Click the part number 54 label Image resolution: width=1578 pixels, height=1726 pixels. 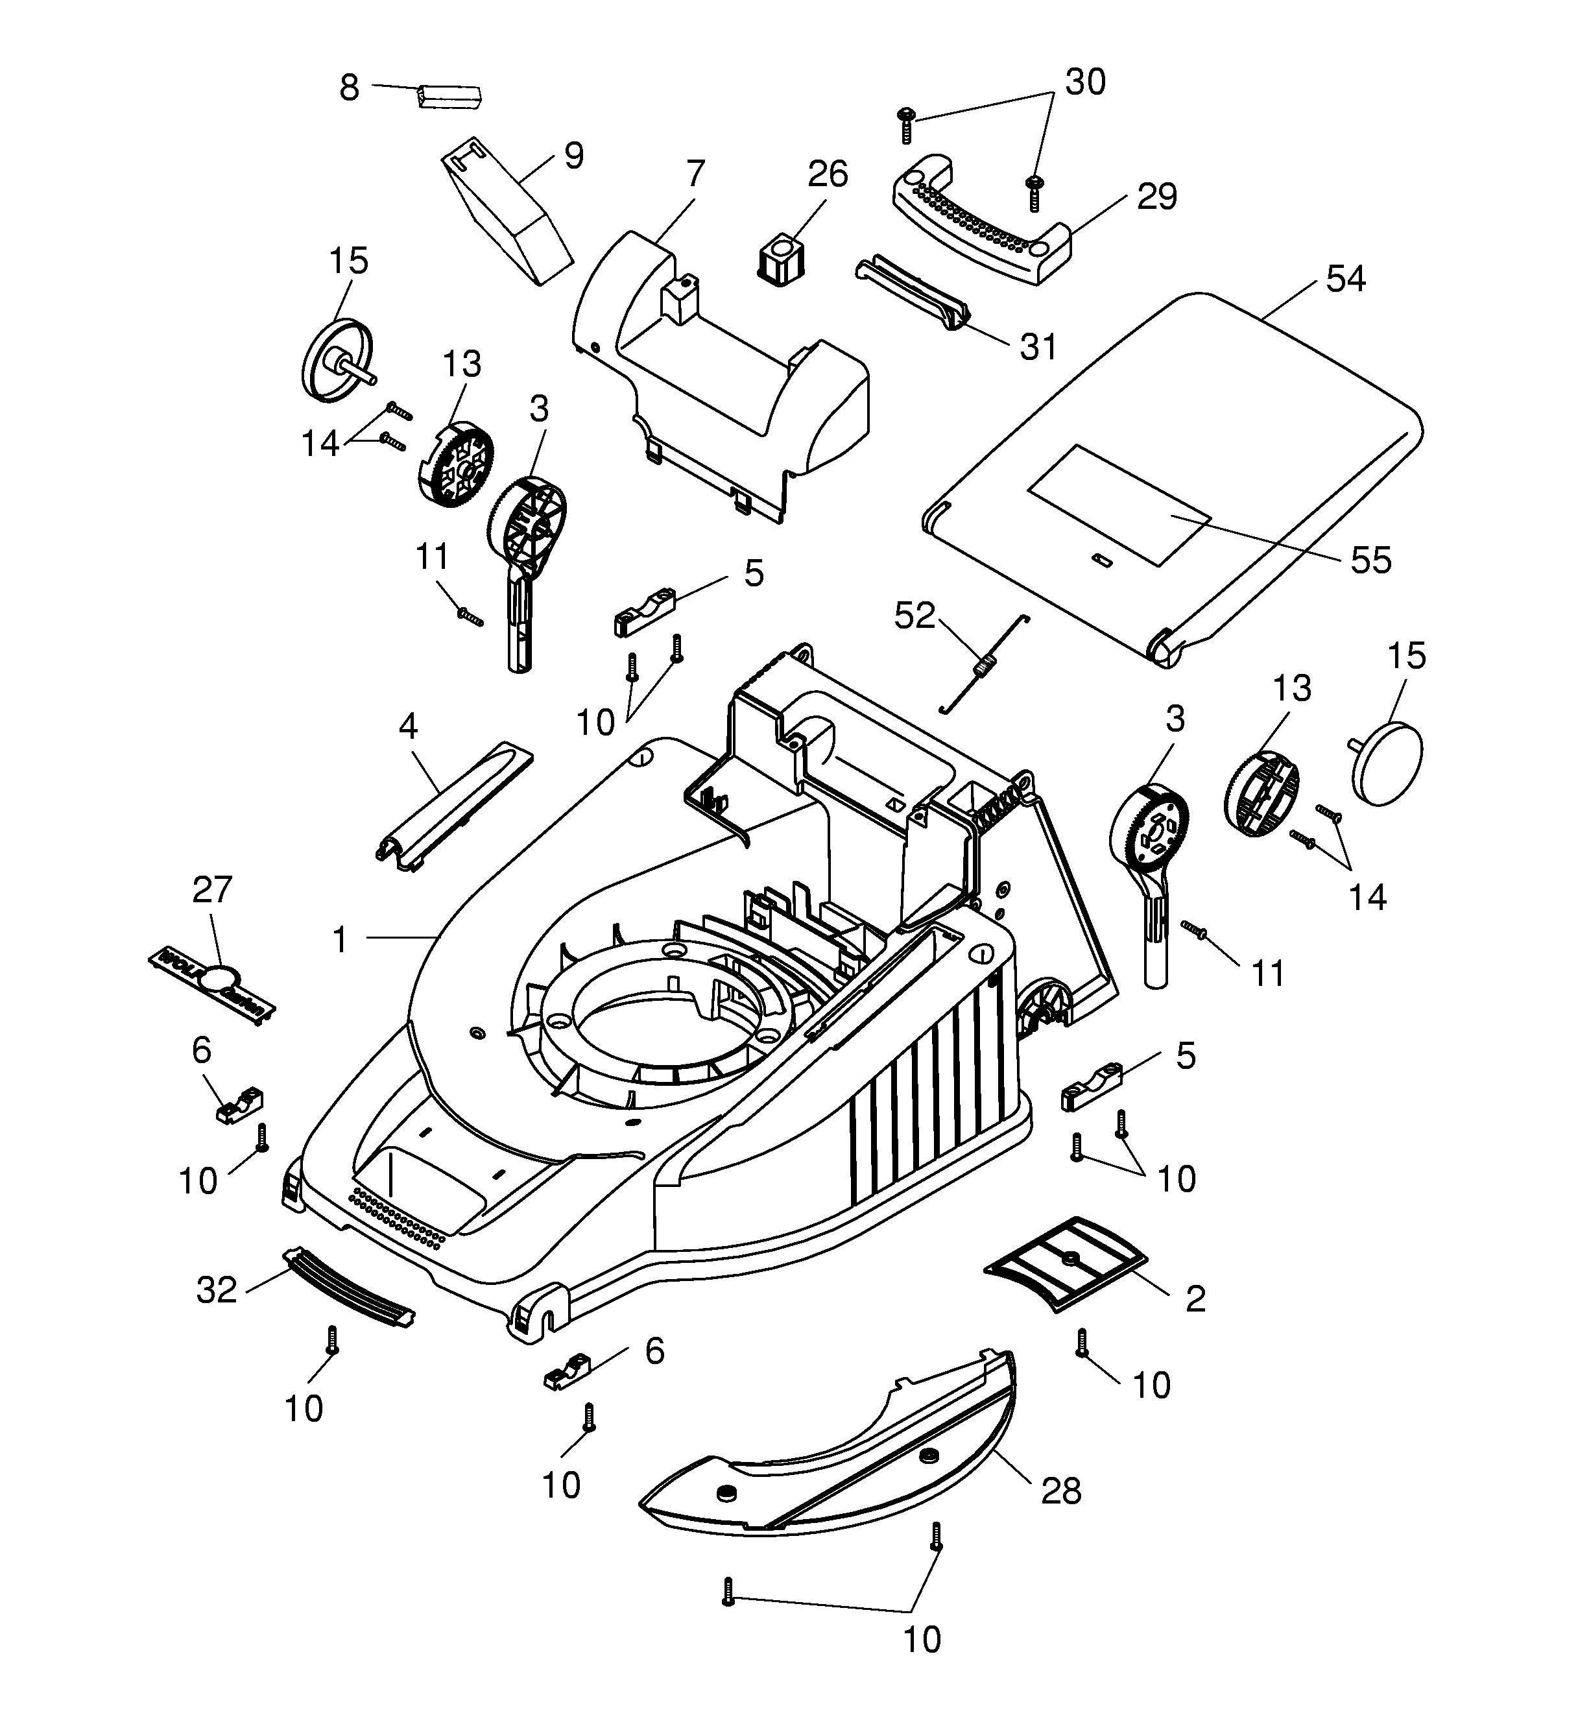1345,279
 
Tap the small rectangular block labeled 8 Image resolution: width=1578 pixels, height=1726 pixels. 449,95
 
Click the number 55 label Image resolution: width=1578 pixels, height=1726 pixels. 1371,561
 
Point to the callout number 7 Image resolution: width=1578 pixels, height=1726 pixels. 695,174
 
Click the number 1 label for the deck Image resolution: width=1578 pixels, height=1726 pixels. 340,940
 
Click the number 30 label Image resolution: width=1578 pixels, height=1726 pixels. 1085,82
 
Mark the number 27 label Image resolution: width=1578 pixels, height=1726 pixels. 212,891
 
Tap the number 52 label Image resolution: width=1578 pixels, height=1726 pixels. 915,616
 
